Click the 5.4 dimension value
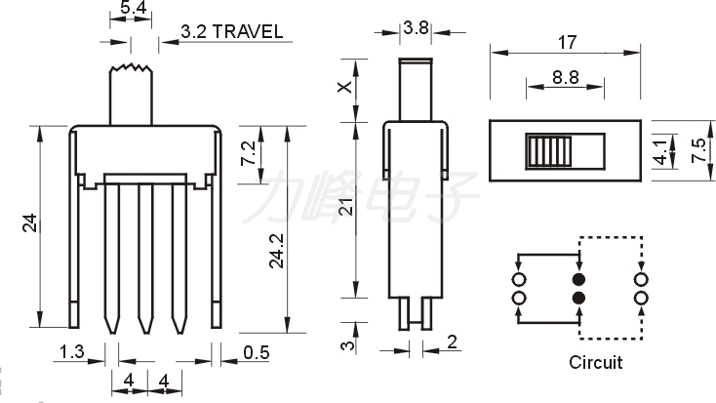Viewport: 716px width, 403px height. tap(133, 7)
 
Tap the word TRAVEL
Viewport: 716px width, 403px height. tap(248, 31)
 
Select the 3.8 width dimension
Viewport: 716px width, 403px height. tap(416, 28)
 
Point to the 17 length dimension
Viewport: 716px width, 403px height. tap(567, 43)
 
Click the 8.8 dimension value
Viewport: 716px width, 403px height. tap(566, 77)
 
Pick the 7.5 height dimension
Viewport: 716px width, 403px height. tap(699, 150)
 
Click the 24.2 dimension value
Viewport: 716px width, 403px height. tap(277, 251)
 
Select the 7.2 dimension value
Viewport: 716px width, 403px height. tap(248, 153)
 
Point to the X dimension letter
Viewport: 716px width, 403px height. tap(344, 86)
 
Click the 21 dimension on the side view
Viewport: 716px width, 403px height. tap(347, 207)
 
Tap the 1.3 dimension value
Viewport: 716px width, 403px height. tap(72, 351)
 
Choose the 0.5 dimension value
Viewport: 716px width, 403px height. tap(257, 352)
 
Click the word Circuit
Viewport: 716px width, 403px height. tap(595, 362)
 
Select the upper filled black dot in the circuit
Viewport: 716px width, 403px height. tap(578, 279)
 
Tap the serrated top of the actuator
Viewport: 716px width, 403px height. tap(131, 68)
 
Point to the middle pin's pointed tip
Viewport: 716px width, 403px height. tap(145, 332)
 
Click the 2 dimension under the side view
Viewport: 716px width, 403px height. tap(452, 342)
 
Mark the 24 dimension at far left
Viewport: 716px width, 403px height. tap(29, 223)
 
